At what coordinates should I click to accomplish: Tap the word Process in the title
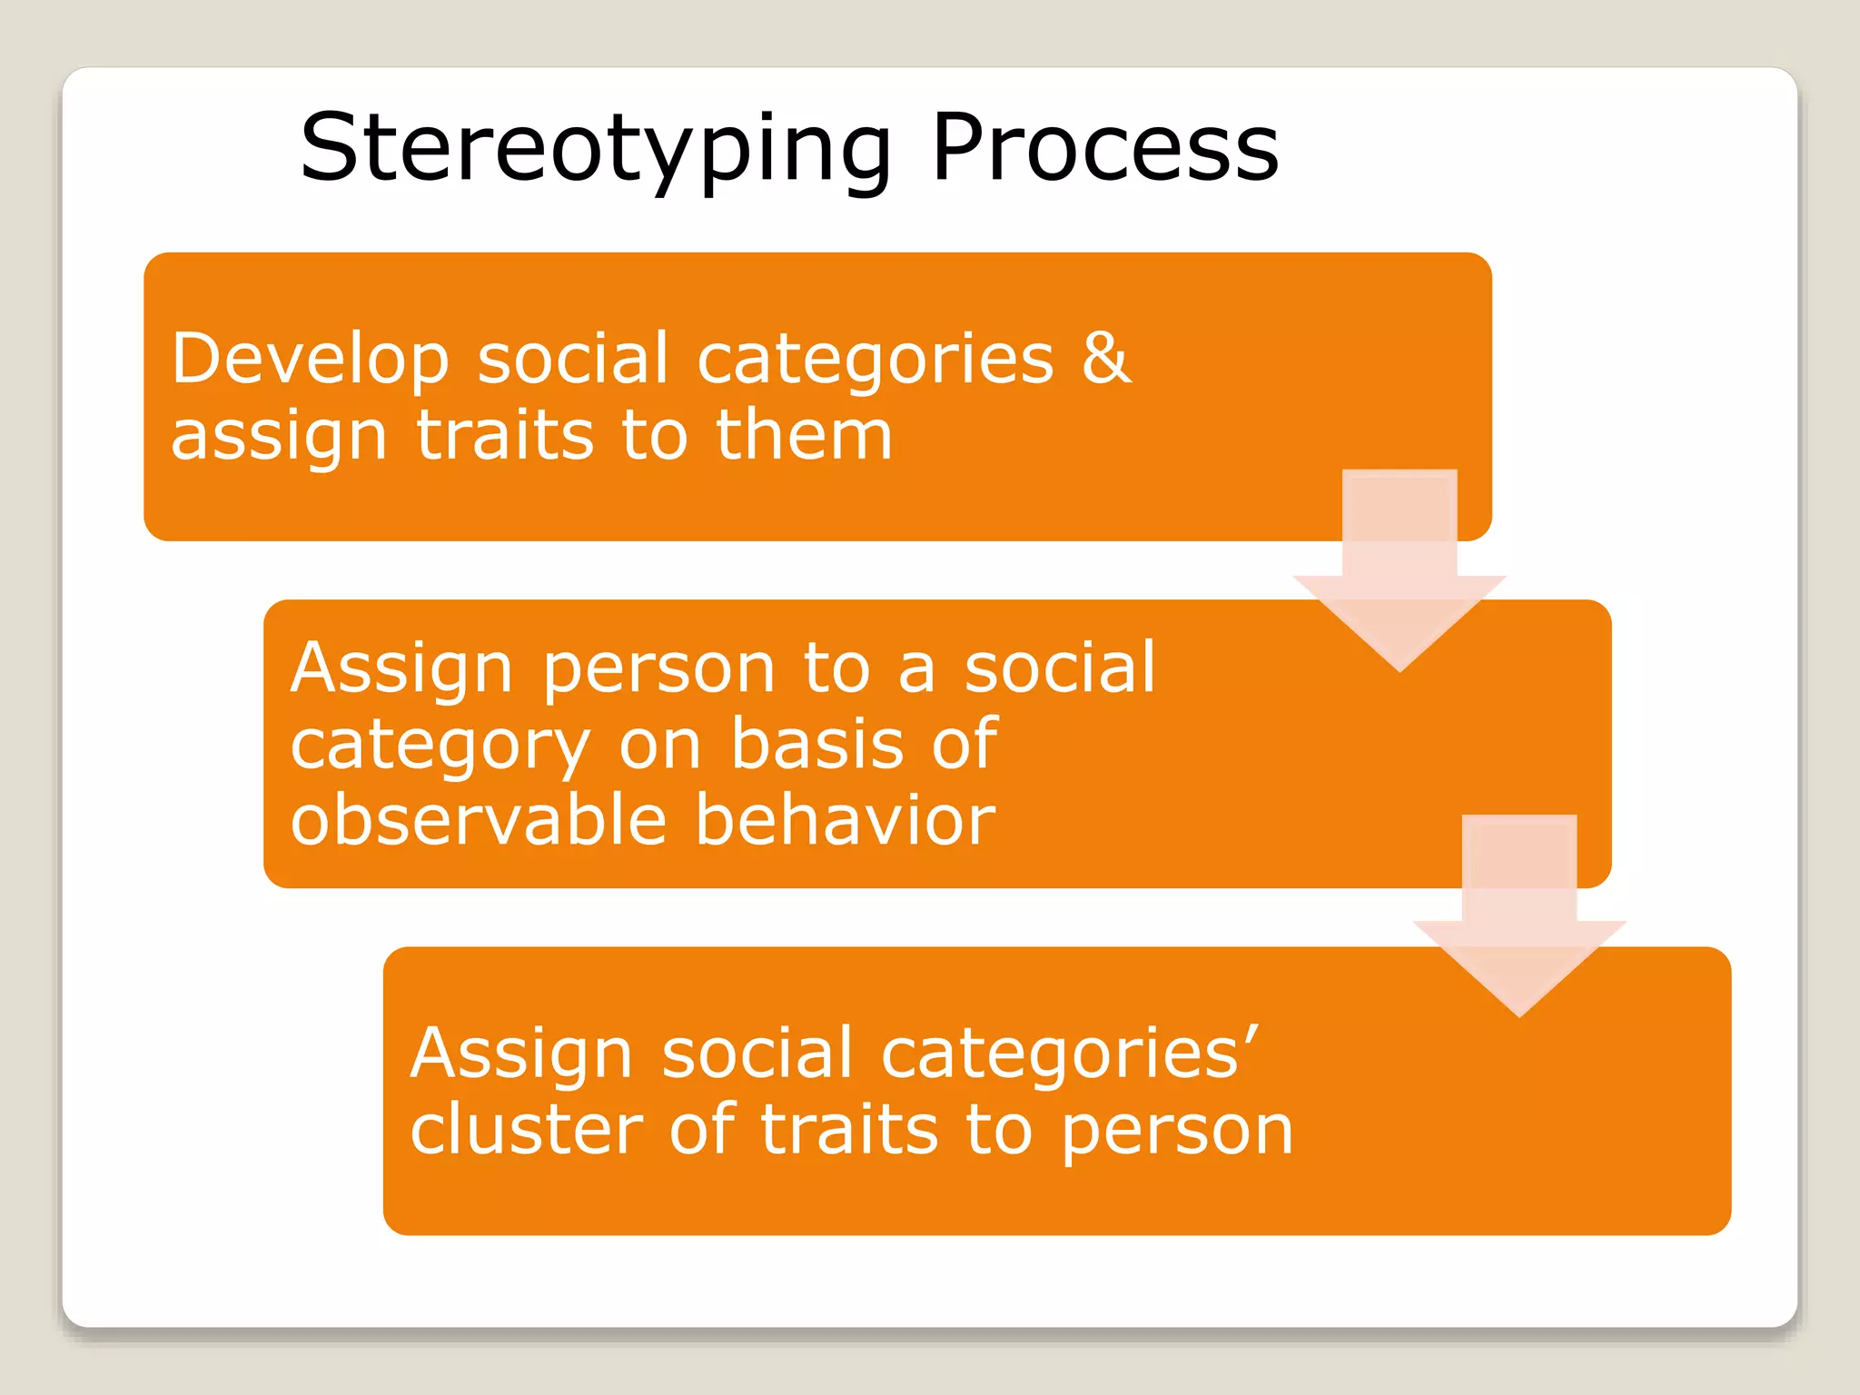(1104, 148)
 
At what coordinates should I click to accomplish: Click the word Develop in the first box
(310, 359)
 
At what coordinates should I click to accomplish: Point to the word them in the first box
(804, 435)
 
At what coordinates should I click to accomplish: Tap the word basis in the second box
(818, 744)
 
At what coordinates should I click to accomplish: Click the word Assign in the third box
(520, 1054)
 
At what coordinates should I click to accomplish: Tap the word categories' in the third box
(1069, 1054)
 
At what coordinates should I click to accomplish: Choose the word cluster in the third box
(527, 1130)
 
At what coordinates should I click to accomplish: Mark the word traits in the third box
(848, 1130)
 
